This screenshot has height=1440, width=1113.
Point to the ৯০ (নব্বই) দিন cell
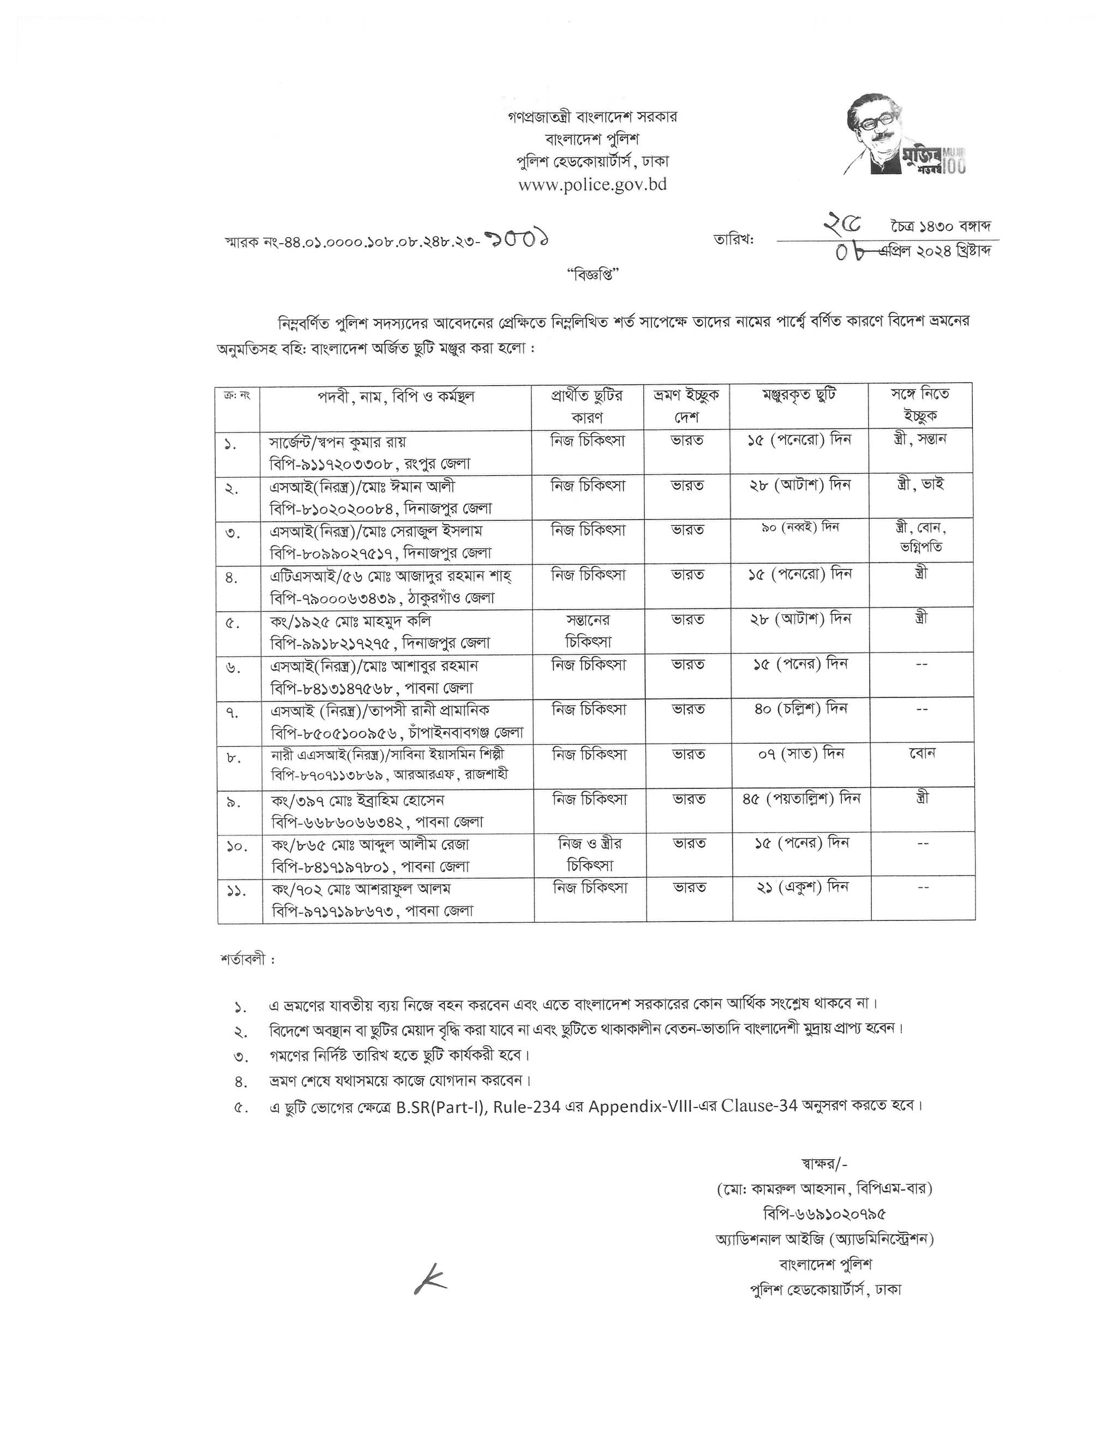(x=799, y=528)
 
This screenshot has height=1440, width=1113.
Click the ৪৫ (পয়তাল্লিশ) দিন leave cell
(x=800, y=799)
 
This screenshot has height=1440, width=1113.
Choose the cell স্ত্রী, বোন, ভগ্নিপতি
(x=921, y=537)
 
